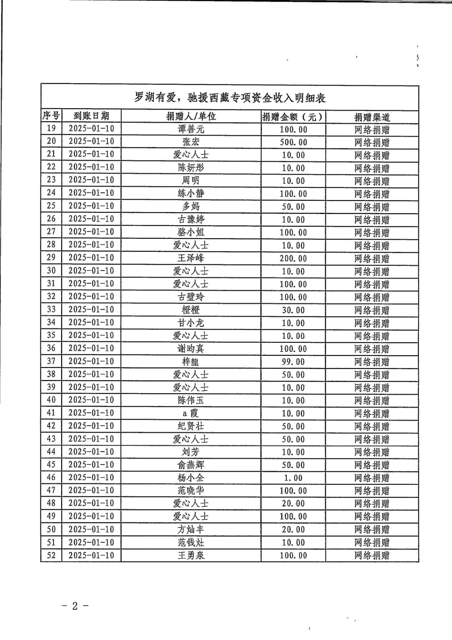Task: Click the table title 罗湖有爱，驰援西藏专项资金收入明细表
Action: click(x=230, y=98)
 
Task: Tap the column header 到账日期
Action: click(x=91, y=116)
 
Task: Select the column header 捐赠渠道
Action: click(x=372, y=117)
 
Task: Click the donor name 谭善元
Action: click(x=191, y=129)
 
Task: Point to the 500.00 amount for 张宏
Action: click(x=293, y=142)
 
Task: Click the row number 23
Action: click(x=51, y=180)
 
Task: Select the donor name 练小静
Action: click(x=191, y=194)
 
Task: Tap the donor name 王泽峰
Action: click(x=191, y=258)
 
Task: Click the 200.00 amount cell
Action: click(x=293, y=258)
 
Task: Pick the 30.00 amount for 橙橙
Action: click(x=293, y=310)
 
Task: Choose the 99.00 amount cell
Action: click(x=293, y=362)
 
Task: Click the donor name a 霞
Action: click(x=191, y=413)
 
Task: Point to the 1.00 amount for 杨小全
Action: click(x=293, y=478)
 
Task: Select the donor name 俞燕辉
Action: click(x=191, y=465)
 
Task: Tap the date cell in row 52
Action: click(x=91, y=555)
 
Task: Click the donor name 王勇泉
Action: click(x=191, y=555)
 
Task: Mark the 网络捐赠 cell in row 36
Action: click(x=372, y=349)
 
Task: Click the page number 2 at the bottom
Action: click(x=75, y=606)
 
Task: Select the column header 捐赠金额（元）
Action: click(x=293, y=117)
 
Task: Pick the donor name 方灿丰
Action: click(x=191, y=530)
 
